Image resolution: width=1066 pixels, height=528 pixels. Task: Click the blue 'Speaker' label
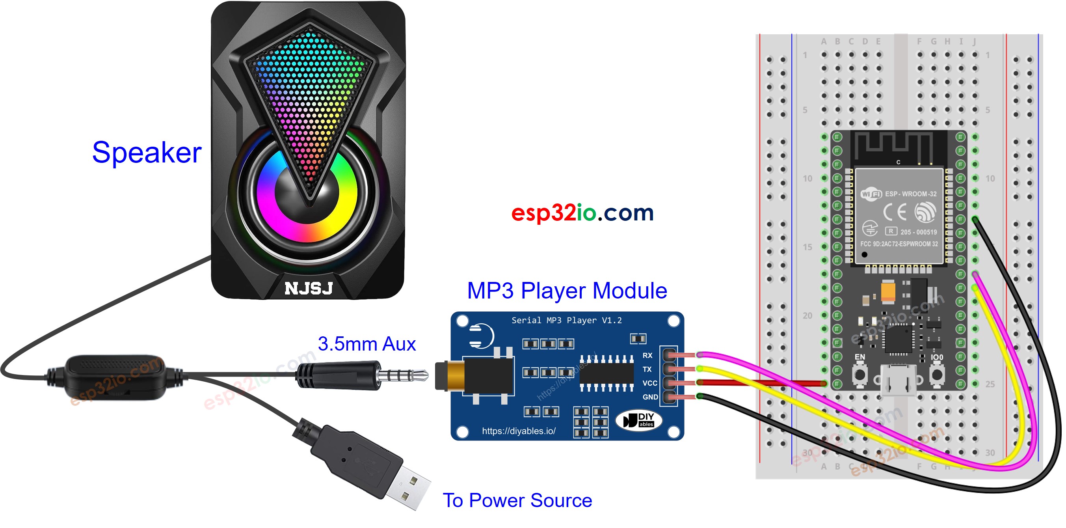(x=147, y=152)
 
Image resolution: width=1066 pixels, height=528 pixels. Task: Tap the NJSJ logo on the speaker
(x=309, y=288)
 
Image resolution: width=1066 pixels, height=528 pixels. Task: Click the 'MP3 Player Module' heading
(x=567, y=290)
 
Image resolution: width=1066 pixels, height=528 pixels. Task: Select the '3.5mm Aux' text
(x=366, y=344)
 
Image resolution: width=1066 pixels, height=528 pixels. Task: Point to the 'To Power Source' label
(x=517, y=500)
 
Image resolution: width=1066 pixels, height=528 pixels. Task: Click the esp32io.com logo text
(x=582, y=213)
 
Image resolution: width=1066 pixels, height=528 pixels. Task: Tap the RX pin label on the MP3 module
(x=647, y=355)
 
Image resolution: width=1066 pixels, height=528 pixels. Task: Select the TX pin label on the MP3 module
(x=647, y=369)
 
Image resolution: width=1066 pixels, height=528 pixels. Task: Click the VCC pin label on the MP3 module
(x=649, y=383)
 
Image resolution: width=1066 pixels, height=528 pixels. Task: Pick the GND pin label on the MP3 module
(x=650, y=397)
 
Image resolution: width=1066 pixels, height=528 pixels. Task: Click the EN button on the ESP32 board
(x=860, y=374)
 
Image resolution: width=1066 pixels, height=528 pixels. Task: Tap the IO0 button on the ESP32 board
(x=937, y=374)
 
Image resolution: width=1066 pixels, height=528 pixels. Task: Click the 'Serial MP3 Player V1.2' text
(x=567, y=320)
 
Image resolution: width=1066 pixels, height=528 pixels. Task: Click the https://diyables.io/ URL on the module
(x=519, y=431)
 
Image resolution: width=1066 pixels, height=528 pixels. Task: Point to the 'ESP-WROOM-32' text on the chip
(x=910, y=194)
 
